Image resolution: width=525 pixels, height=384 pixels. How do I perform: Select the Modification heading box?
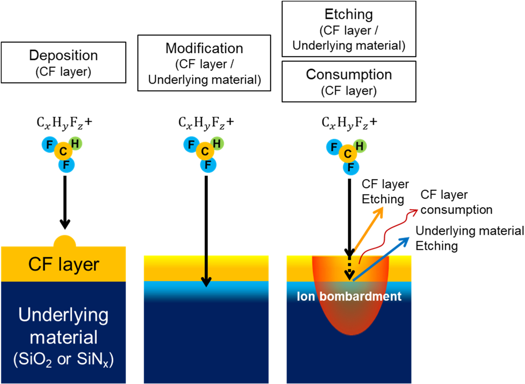point(204,62)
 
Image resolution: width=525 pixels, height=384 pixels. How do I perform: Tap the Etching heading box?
point(348,28)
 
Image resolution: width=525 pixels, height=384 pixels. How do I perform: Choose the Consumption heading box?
point(348,81)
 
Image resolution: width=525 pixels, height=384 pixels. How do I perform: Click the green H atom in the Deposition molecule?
point(76,144)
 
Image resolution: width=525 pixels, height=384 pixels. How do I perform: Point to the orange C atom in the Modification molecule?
point(205,152)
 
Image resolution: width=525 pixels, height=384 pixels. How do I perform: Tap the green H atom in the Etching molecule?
point(360,146)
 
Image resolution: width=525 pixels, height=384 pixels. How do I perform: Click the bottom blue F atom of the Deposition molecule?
point(65,166)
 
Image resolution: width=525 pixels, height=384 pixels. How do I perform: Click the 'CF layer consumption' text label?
point(456,202)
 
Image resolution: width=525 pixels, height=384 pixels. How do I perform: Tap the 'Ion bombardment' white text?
point(348,296)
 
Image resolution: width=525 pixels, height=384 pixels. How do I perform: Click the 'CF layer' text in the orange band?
point(64,264)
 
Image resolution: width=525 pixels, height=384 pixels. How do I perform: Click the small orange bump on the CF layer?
point(64,241)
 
